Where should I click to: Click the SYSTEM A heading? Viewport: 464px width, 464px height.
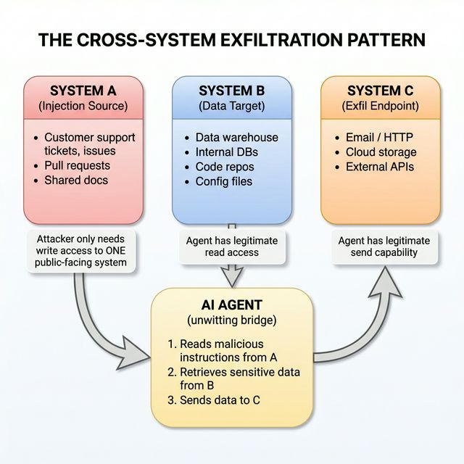(82, 91)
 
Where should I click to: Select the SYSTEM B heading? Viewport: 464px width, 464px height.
(231, 91)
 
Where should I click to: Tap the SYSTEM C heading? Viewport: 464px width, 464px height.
(380, 91)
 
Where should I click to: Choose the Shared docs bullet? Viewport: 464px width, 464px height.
(76, 181)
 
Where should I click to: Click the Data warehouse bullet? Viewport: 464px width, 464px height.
(236, 137)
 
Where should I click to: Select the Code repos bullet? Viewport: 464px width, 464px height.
(224, 167)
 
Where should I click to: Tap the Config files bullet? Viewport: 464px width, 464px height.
(224, 181)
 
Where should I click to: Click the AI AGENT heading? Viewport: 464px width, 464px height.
(231, 305)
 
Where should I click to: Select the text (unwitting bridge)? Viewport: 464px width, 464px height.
(231, 320)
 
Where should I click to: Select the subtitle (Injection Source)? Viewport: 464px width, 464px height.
(82, 107)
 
